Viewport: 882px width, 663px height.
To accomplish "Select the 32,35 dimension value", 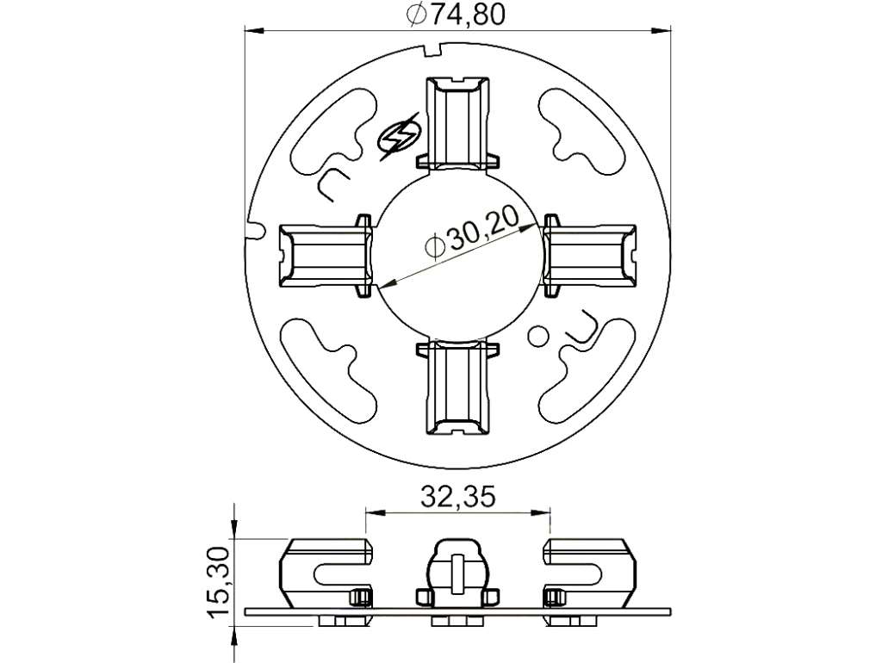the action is (458, 497).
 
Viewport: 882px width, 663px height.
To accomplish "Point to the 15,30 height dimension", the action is (220, 582).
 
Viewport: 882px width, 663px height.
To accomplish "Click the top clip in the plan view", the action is (457, 122).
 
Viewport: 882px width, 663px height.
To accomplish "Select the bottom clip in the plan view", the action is (457, 387).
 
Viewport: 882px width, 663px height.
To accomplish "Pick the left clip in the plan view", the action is (326, 256).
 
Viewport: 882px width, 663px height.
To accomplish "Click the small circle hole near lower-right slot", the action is (538, 336).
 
